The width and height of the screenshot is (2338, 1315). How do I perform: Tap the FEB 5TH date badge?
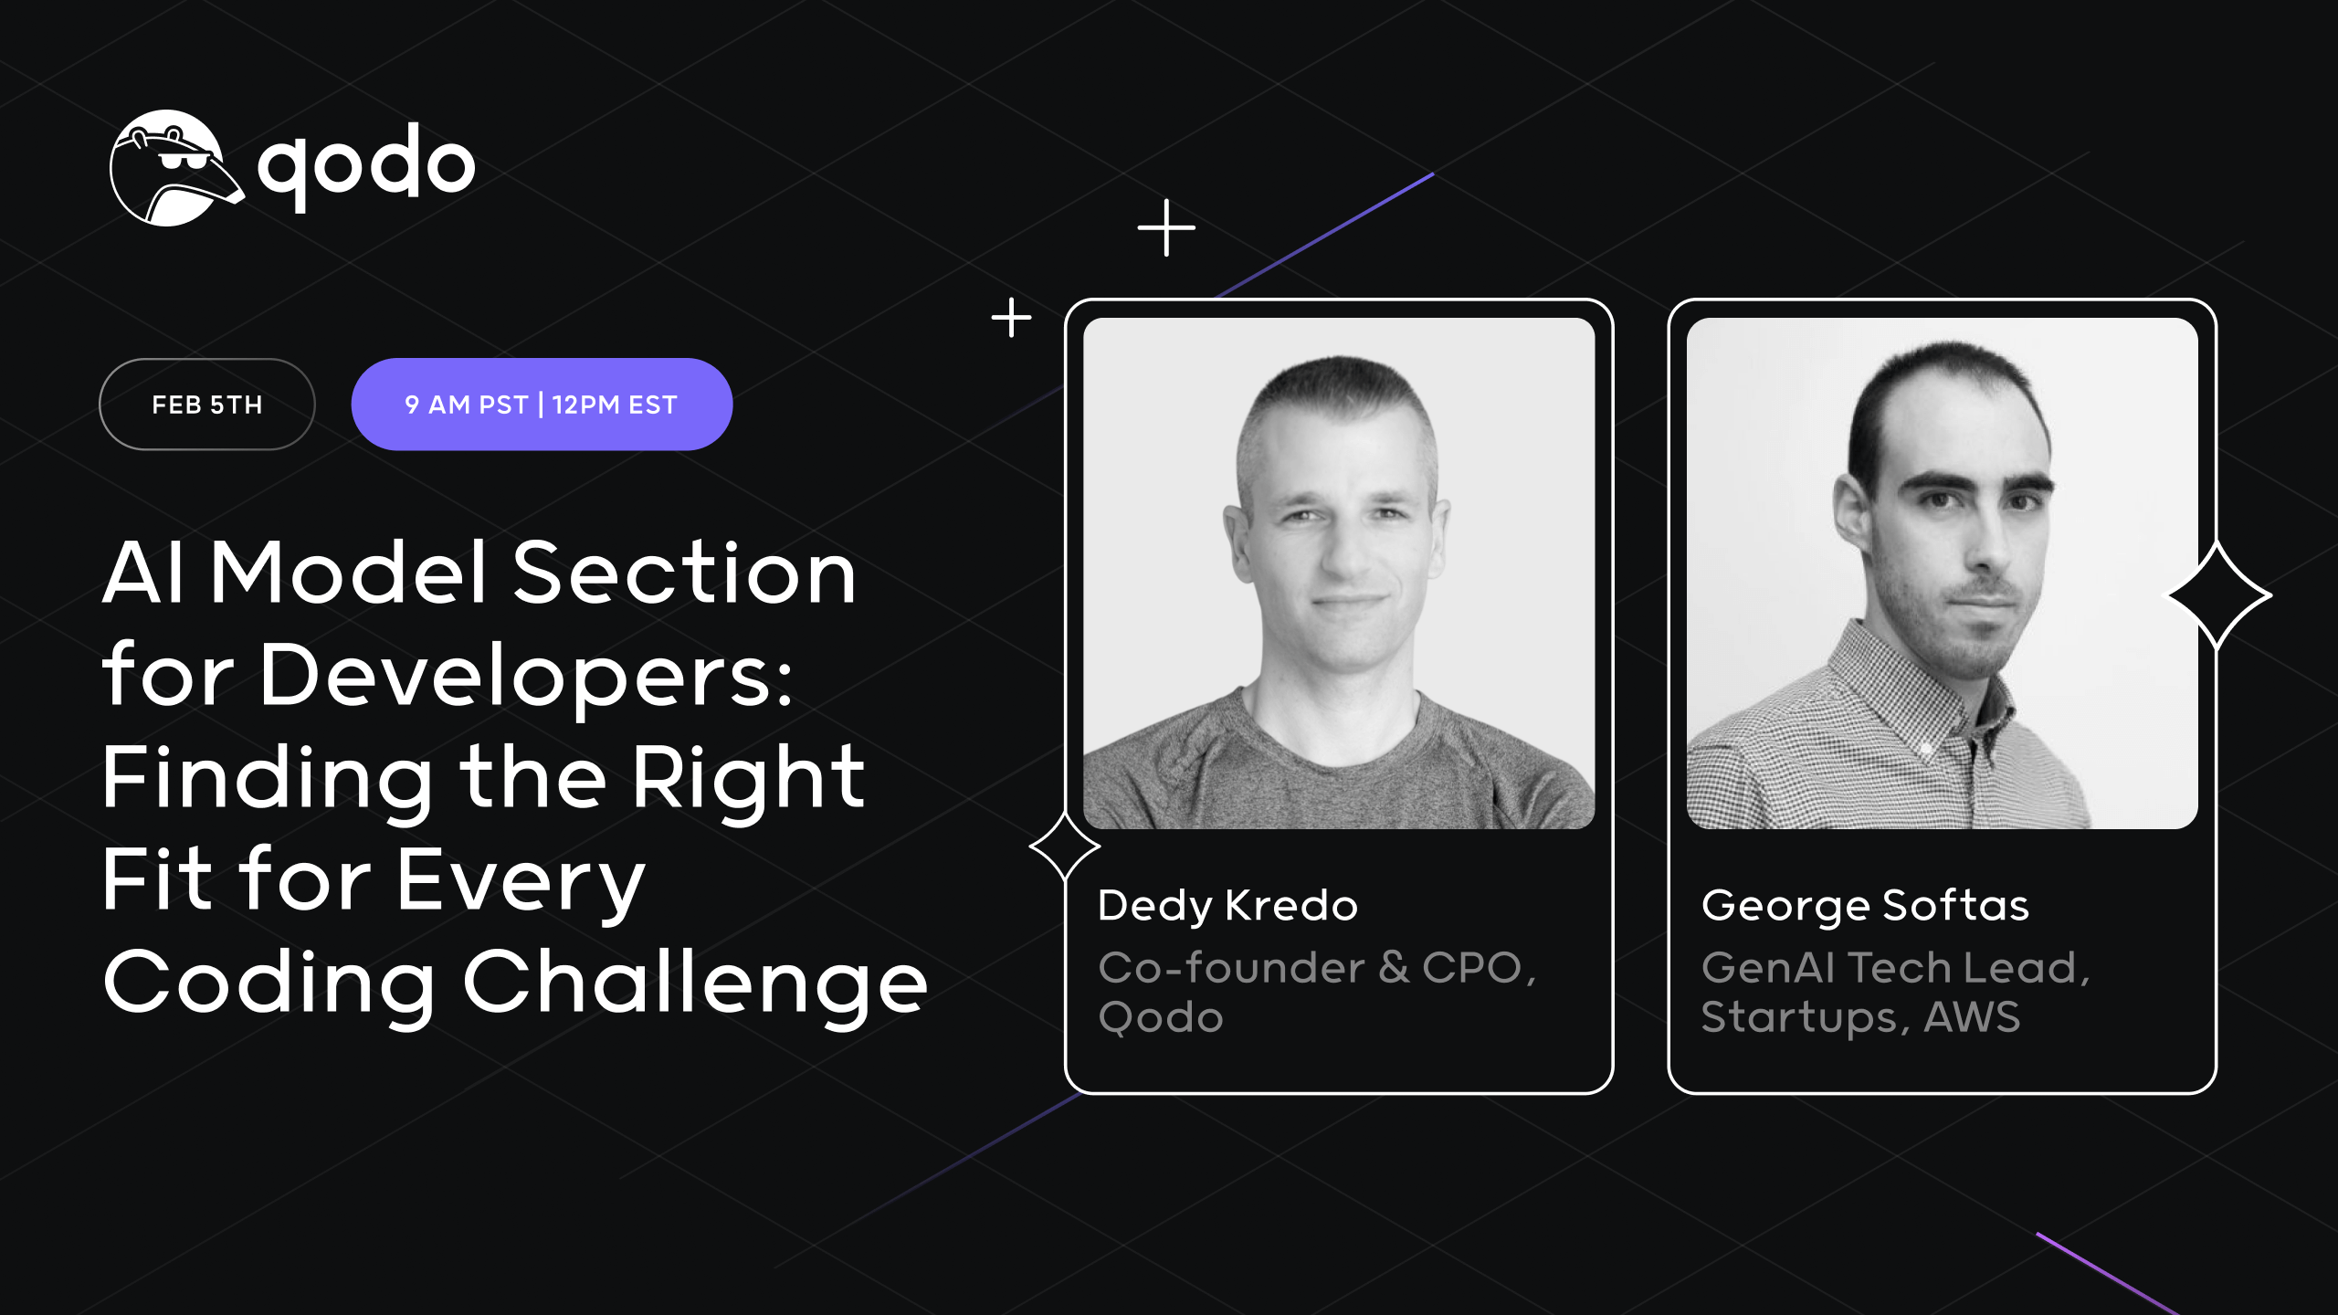(x=207, y=405)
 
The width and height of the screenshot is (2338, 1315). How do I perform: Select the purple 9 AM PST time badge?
(x=542, y=405)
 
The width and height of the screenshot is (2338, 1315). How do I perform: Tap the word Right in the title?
(x=748, y=778)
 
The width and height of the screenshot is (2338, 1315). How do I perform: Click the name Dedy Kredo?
(x=1227, y=906)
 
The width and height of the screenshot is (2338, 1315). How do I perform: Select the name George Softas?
(x=1865, y=906)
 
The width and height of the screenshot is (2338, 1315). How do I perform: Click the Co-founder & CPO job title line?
(x=1317, y=968)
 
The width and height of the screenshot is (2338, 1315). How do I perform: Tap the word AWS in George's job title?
(x=1972, y=1017)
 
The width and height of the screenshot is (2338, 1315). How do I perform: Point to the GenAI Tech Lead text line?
(x=1895, y=968)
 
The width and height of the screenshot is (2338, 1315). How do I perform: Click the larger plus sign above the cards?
(x=1166, y=227)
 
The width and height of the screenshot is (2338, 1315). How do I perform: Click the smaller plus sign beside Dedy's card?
(x=1011, y=318)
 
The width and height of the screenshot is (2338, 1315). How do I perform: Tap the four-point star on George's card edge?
(x=2219, y=595)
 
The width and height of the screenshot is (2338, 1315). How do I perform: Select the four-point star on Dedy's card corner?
(x=1065, y=847)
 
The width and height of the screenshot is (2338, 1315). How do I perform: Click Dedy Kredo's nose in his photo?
(x=1344, y=552)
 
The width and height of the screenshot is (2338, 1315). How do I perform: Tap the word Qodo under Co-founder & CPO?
(x=1161, y=1017)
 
